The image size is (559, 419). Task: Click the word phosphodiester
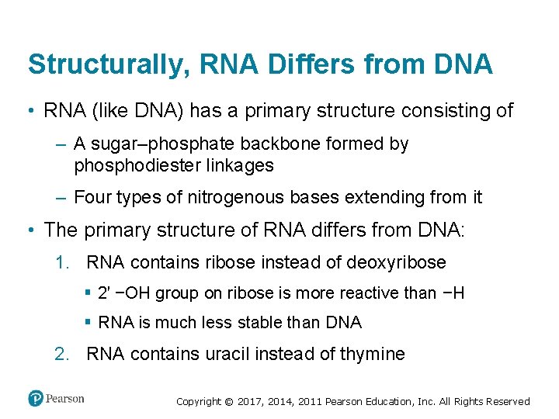pyautogui.click(x=134, y=165)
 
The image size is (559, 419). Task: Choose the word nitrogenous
pyautogui.click(x=220, y=198)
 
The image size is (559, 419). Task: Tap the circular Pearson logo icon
pyautogui.click(x=36, y=398)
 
